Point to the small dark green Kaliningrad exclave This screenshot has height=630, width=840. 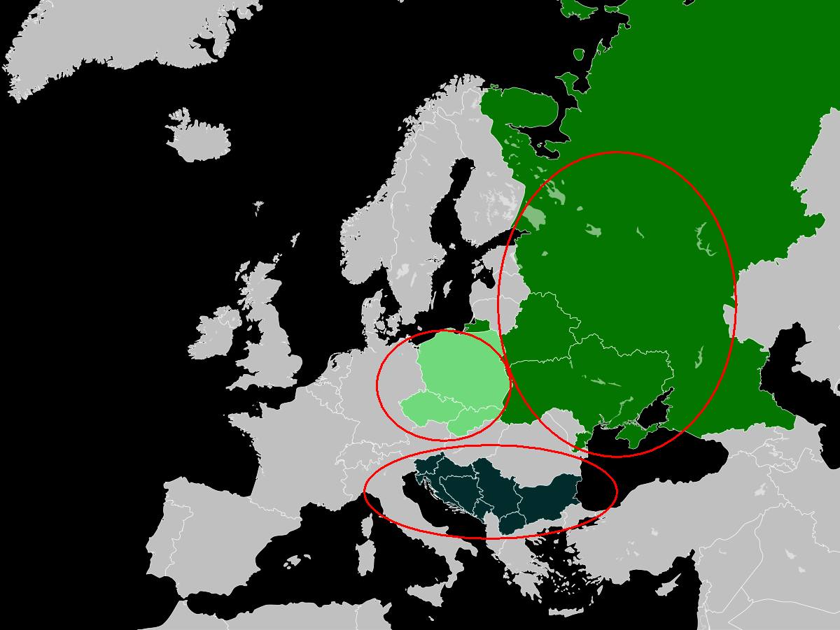[x=478, y=326]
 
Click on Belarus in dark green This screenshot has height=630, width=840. [x=542, y=329]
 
